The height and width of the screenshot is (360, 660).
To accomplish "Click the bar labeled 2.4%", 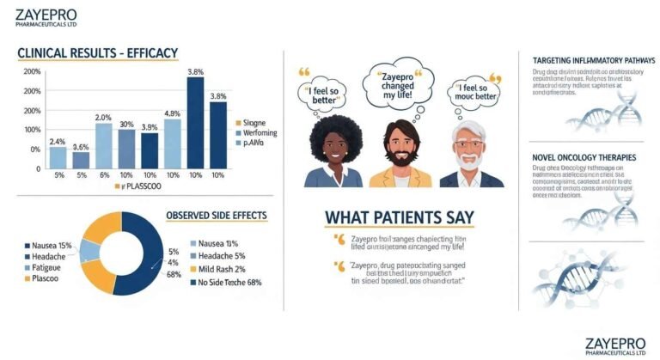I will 58,156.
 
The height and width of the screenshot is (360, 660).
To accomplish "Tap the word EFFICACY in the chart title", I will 151,53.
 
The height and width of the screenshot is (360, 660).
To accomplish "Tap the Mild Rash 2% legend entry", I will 222,268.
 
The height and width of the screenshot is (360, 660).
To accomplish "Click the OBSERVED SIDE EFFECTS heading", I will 216,215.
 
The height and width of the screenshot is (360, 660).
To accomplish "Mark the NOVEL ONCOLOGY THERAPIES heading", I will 584,158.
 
